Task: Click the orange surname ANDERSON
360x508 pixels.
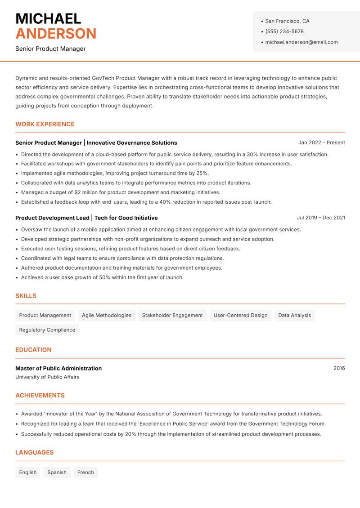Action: (56, 34)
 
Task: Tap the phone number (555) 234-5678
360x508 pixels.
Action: (284, 31)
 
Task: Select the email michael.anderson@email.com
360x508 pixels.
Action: (301, 42)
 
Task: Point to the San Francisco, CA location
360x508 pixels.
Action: (287, 21)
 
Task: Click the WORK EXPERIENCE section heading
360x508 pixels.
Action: (45, 124)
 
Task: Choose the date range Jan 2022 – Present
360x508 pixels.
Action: (321, 143)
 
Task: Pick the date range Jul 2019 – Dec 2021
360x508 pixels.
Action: (321, 218)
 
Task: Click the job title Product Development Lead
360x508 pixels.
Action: (52, 218)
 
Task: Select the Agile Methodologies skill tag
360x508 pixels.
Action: (107, 316)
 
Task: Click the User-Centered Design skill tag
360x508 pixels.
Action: (240, 316)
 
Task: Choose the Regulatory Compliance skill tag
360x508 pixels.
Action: (47, 330)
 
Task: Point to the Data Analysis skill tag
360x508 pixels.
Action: (294, 316)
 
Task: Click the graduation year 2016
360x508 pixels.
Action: (339, 368)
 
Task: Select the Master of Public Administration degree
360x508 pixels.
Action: (58, 368)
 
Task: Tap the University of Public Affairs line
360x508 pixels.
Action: (47, 377)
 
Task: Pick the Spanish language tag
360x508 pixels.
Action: (57, 472)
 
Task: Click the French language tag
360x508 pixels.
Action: (85, 472)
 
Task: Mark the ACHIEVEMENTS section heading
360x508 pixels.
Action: (40, 396)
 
